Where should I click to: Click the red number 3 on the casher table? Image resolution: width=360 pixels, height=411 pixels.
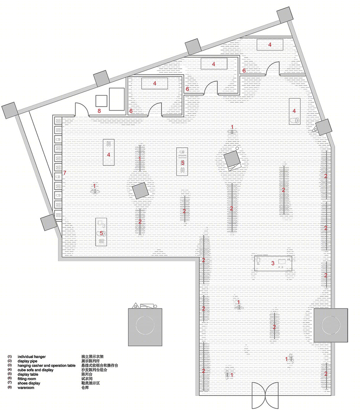(x=273, y=263)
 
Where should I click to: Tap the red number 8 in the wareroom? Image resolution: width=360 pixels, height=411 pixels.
(x=99, y=111)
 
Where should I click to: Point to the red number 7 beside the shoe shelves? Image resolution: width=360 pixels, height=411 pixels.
(x=65, y=173)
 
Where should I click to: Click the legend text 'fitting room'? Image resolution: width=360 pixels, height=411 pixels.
(x=27, y=379)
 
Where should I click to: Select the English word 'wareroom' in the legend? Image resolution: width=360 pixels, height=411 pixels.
(x=26, y=388)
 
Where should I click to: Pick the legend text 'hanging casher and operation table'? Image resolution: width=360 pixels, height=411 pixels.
(x=46, y=365)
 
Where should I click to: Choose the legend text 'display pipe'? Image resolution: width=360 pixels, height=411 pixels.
(x=27, y=361)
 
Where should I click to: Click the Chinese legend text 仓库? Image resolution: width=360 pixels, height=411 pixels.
(x=85, y=388)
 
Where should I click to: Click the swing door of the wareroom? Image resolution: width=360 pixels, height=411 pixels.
(x=81, y=109)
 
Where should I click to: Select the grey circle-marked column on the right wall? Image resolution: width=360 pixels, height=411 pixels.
(x=330, y=325)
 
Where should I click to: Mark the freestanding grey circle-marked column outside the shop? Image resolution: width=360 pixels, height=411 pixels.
(x=145, y=327)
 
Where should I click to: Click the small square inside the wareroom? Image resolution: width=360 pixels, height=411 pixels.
(x=101, y=101)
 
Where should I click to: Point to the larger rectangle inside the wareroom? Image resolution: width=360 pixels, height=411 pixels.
(x=117, y=99)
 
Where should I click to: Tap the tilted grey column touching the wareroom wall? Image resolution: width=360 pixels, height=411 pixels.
(x=102, y=79)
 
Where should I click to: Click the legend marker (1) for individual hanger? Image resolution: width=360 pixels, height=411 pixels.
(x=10, y=357)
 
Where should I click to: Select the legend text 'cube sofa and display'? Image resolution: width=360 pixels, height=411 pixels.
(x=35, y=370)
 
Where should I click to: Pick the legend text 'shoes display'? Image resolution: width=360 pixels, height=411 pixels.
(x=29, y=383)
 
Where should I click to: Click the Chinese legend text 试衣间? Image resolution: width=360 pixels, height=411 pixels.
(x=87, y=379)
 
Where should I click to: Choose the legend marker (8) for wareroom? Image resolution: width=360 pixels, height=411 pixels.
(x=10, y=388)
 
